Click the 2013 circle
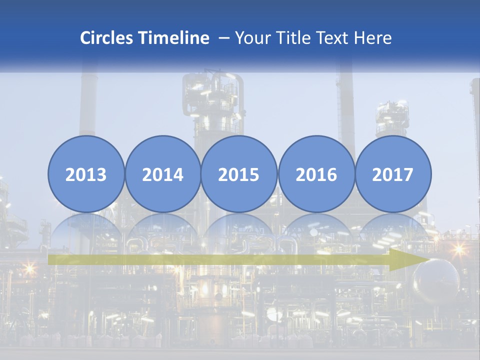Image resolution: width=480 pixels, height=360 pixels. tap(86, 174)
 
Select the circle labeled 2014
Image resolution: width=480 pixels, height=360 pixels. tap(162, 174)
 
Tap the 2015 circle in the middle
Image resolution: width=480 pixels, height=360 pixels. tap(239, 174)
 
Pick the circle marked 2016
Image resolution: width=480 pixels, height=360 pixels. tap(316, 174)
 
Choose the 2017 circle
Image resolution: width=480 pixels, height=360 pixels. tap(392, 174)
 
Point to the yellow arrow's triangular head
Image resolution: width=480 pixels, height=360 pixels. tap(407, 259)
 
